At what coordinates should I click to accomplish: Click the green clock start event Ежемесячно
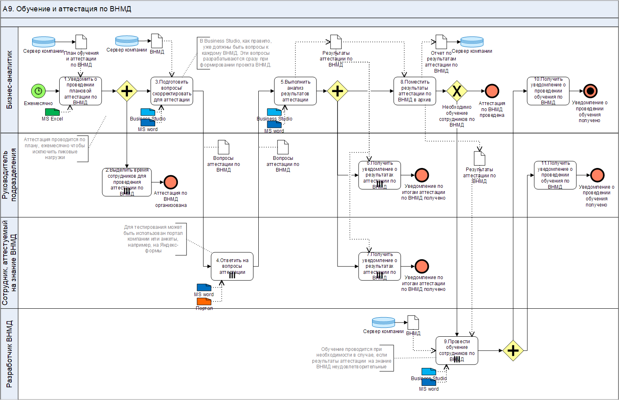[38, 91]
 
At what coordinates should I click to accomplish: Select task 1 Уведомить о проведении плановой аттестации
[80, 91]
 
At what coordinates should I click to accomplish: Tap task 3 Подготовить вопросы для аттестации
[171, 91]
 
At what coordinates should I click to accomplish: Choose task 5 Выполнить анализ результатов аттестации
[295, 91]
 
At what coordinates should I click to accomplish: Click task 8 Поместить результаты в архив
[414, 91]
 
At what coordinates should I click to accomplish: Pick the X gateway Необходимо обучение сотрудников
[457, 91]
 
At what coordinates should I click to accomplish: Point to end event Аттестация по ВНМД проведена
[492, 91]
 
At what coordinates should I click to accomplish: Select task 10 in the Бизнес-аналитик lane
[548, 91]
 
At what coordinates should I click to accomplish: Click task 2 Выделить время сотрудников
[127, 182]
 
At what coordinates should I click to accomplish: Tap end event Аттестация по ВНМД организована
[171, 182]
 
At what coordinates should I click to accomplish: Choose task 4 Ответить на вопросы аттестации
[232, 266]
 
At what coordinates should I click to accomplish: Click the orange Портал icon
[204, 301]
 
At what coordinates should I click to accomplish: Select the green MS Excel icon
[52, 112]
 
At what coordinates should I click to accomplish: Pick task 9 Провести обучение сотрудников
[457, 351]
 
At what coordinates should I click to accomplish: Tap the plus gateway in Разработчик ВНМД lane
[513, 351]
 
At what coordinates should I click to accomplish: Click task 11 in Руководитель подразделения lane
[555, 175]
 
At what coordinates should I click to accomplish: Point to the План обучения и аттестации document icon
[81, 42]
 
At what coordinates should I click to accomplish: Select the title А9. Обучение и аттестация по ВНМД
[67, 9]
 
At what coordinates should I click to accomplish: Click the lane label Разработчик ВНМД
[9, 354]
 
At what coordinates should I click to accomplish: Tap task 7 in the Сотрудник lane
[379, 266]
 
